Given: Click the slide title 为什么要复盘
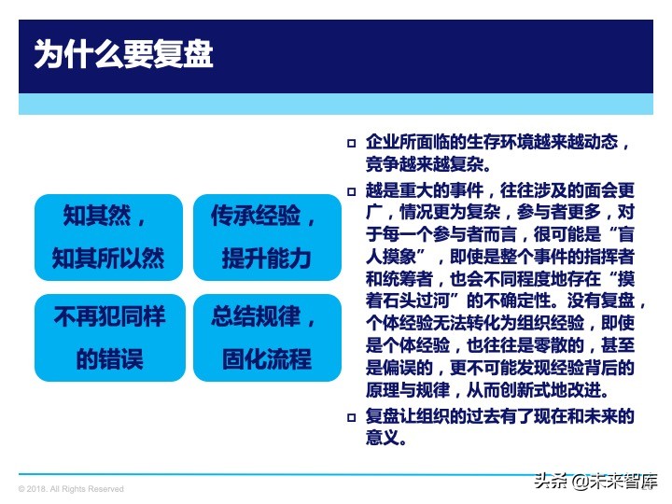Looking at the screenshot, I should pyautogui.click(x=123, y=54).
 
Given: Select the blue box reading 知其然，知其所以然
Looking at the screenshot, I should pyautogui.click(x=108, y=237).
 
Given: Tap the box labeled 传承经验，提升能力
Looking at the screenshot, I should pyautogui.click(x=267, y=237).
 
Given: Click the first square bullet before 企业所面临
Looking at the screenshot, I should pyautogui.click(x=352, y=144).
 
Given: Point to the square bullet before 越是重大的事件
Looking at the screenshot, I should pyautogui.click(x=352, y=189).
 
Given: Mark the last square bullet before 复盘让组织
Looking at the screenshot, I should pyautogui.click(x=352, y=416).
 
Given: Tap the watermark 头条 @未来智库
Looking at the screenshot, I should pyautogui.click(x=592, y=481).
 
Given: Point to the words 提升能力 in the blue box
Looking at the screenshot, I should pyautogui.click(x=266, y=258).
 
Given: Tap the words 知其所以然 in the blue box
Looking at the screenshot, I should pyautogui.click(x=108, y=258).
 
